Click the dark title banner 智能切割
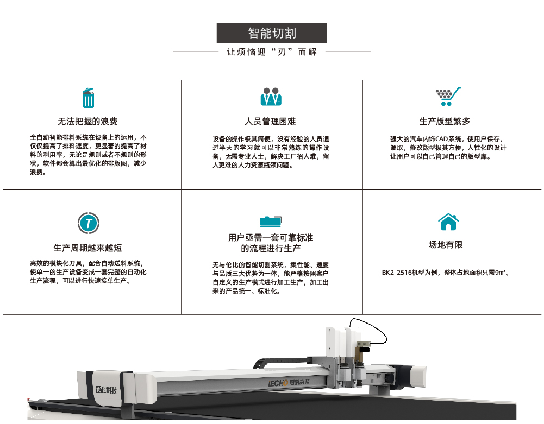coord(272,33)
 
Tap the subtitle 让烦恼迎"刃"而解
coord(272,52)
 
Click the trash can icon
coord(88,98)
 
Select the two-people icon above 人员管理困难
coord(271,97)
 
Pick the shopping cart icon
coord(448,97)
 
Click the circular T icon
coord(88,222)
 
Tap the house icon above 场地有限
coord(448,222)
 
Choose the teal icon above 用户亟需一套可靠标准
coord(271,221)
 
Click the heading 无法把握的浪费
coord(87,122)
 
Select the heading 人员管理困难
coord(271,122)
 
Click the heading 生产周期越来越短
coord(87,248)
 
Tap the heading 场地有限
coord(446,245)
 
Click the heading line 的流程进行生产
coord(271,249)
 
